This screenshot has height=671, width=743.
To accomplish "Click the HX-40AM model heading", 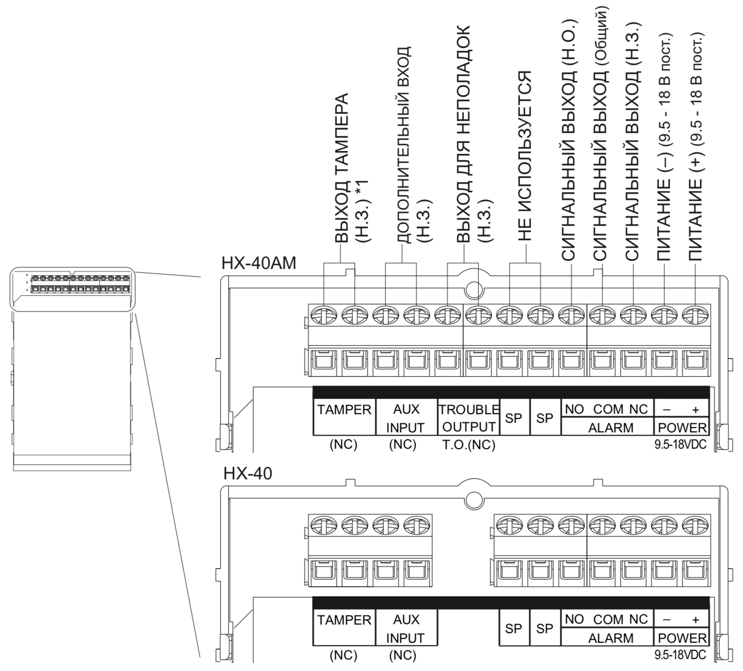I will (259, 263).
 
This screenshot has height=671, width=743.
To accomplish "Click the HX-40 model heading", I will (247, 474).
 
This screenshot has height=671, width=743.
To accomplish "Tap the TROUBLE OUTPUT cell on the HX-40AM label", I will (468, 418).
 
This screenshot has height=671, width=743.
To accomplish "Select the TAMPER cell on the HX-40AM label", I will (344, 410).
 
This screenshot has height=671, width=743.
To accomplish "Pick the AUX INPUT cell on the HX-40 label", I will (406, 628).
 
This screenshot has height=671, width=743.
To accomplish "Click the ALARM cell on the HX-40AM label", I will (610, 427).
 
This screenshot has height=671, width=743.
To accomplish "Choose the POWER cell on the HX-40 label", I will (682, 638).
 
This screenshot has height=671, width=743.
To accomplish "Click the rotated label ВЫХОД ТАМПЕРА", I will (341, 168).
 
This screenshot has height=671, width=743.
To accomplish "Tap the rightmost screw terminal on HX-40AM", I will (695, 315).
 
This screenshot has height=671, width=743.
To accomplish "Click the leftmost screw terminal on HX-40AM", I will (324, 315).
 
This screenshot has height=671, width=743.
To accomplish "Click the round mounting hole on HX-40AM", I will (473, 289).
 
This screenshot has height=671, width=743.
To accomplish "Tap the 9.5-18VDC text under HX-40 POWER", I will (680, 654).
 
